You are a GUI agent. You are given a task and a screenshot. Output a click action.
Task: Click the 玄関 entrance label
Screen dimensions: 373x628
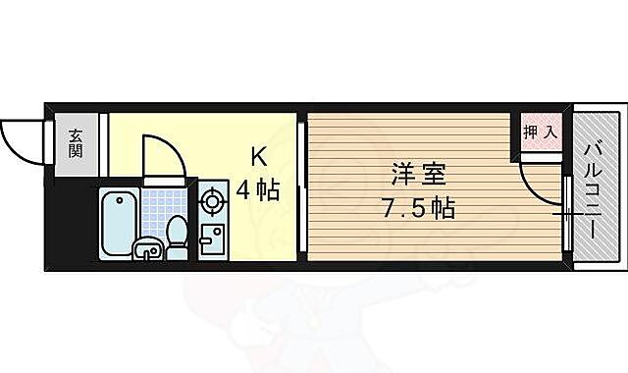(76, 145)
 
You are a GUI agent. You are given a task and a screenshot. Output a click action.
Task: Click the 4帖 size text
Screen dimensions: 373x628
(258, 187)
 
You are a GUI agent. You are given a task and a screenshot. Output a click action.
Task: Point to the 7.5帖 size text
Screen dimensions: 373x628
(418, 208)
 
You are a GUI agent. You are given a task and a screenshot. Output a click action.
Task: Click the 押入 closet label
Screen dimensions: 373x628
(540, 131)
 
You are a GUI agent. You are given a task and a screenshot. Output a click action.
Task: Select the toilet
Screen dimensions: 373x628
(178, 239)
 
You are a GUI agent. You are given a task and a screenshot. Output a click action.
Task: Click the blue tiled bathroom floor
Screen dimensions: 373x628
(157, 208)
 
